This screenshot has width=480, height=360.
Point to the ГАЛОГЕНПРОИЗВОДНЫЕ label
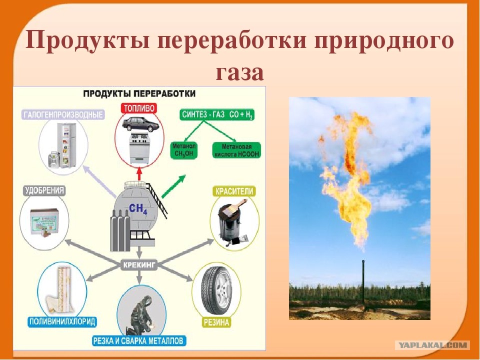[x=63, y=115]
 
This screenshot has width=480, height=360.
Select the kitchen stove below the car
[x=138, y=148]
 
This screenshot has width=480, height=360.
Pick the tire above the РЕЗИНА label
[x=215, y=292]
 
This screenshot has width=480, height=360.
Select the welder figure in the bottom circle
[x=139, y=313]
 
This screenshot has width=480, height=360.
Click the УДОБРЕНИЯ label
[x=45, y=190]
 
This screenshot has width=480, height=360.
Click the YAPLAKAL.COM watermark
[x=432, y=345]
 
